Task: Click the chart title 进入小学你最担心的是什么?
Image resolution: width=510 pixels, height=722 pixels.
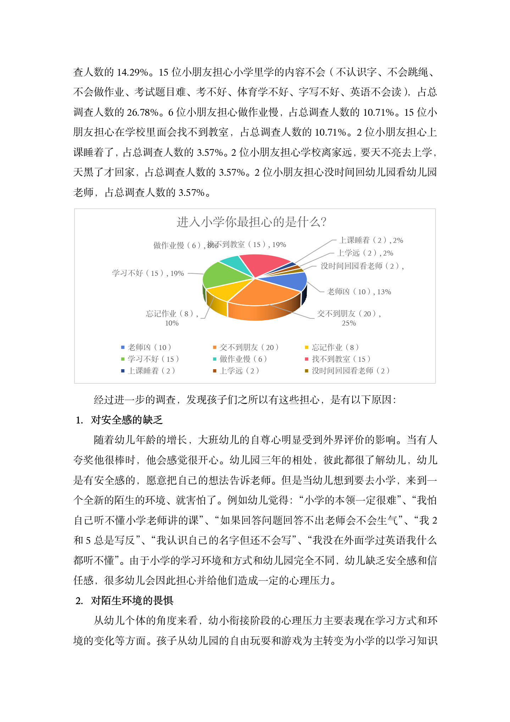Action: point(251,222)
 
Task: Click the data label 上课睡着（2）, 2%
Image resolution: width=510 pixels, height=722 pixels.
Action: point(371,240)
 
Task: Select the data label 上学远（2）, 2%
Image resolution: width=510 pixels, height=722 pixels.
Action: point(365,253)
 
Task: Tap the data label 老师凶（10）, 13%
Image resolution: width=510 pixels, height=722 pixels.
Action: point(359,292)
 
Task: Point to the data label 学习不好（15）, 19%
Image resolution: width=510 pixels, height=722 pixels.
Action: point(148,273)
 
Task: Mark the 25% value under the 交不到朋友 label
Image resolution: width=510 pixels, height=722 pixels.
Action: point(349,323)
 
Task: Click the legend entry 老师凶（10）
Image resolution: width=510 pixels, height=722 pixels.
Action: point(149,347)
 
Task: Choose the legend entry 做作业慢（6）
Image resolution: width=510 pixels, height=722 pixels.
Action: point(243,359)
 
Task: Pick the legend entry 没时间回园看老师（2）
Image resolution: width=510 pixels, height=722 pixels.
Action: point(350,371)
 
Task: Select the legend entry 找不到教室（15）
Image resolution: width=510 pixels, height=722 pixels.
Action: point(341,359)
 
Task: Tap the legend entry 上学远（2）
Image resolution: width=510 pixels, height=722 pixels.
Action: point(239,371)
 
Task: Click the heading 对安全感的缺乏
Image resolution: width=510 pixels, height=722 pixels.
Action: point(127,420)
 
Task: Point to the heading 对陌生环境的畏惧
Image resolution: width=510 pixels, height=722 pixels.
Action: point(132,601)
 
